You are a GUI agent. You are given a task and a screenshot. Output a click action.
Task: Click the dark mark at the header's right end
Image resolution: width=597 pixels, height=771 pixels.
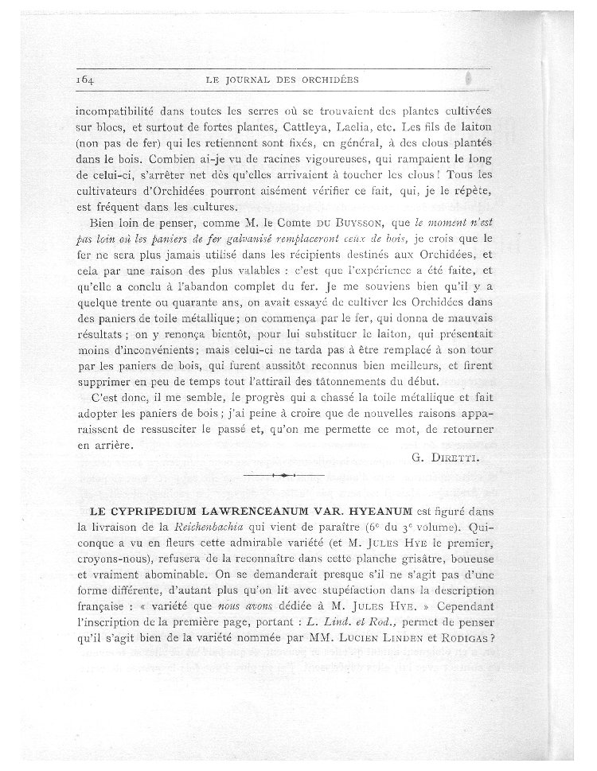[470, 80]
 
